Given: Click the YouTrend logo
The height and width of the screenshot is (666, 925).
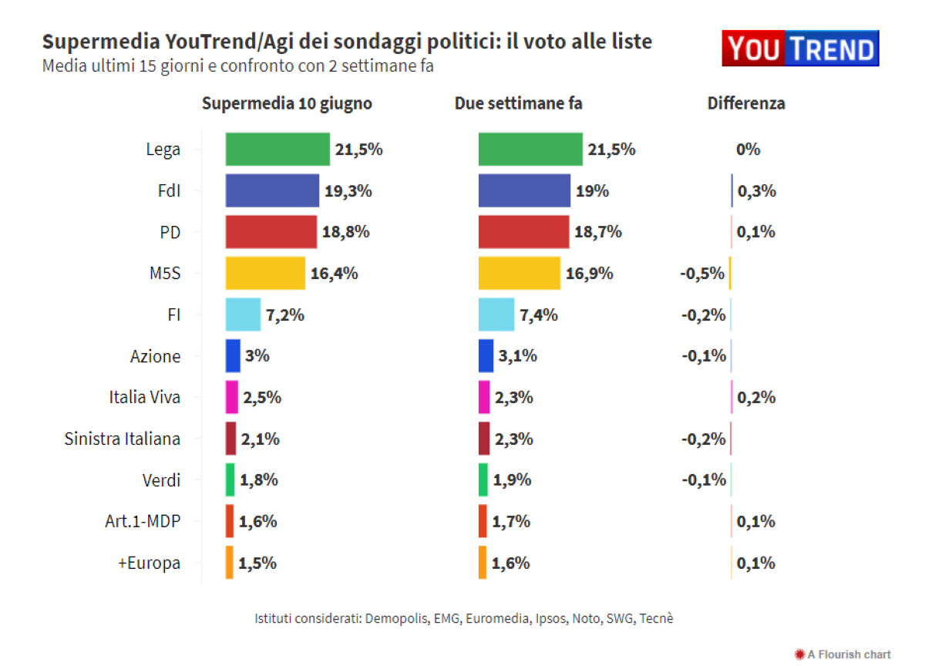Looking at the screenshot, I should pyautogui.click(x=800, y=49).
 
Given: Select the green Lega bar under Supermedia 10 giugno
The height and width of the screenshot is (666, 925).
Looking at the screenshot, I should pyautogui.click(x=277, y=150).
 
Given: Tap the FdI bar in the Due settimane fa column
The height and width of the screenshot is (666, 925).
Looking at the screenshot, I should pyautogui.click(x=524, y=191).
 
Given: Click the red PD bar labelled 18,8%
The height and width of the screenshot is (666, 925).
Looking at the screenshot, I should pyautogui.click(x=271, y=232).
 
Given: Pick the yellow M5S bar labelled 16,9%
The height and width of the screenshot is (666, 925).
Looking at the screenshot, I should pyautogui.click(x=519, y=274).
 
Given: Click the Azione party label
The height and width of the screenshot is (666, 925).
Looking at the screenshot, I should pyautogui.click(x=155, y=356).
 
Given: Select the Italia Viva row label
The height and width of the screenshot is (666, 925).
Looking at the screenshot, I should pyautogui.click(x=145, y=398).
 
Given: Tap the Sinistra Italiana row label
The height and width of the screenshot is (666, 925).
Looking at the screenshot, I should pyautogui.click(x=123, y=439).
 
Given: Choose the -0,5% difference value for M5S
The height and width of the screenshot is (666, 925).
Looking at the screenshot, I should pyautogui.click(x=702, y=274).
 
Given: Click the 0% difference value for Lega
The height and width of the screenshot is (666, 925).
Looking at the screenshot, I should pyautogui.click(x=748, y=150).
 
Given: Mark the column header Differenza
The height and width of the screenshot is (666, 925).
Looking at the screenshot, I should pyautogui.click(x=746, y=103).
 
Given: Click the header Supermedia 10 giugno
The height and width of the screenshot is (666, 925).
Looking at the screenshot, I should pyautogui.click(x=287, y=103).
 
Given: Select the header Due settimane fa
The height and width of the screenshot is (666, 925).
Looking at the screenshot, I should pyautogui.click(x=518, y=103).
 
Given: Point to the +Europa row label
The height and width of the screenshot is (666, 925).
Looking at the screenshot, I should pyautogui.click(x=149, y=563).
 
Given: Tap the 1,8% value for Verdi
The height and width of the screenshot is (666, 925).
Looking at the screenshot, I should pyautogui.click(x=258, y=480).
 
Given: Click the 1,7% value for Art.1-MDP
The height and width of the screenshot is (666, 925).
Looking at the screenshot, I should pyautogui.click(x=511, y=521).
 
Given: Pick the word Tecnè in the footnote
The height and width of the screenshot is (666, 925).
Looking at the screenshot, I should pyautogui.click(x=656, y=618).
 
